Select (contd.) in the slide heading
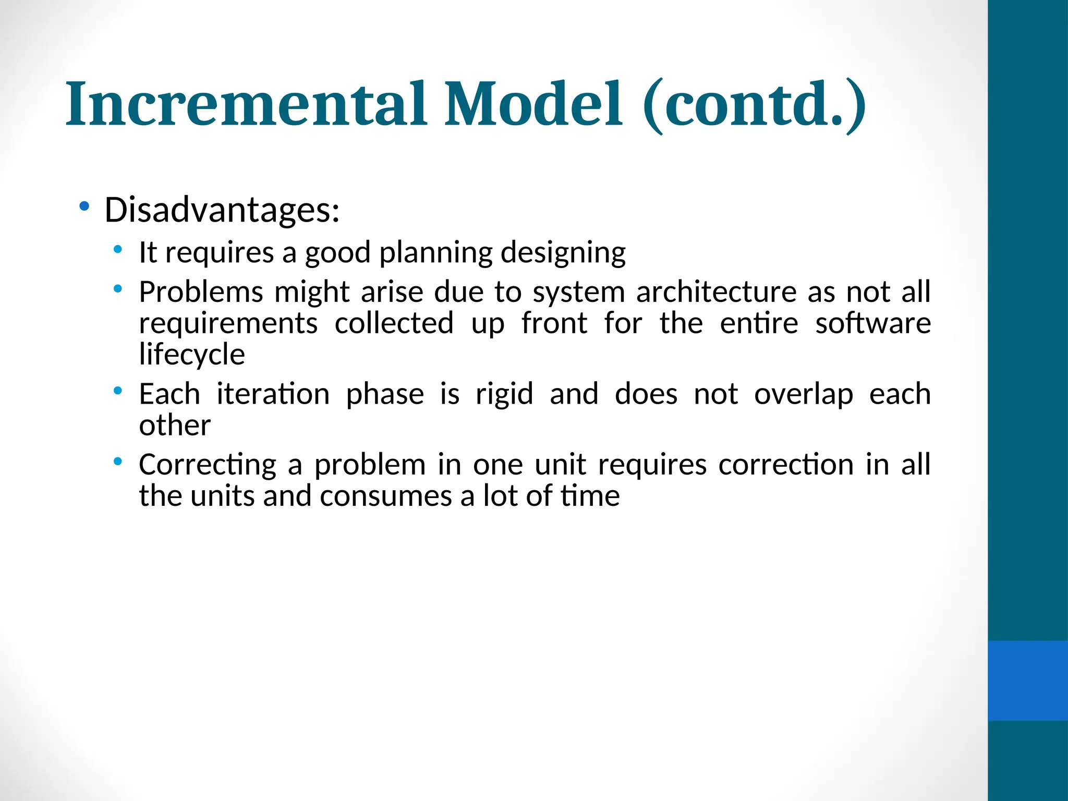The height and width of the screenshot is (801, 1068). (754, 104)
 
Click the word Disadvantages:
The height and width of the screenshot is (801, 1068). (222, 210)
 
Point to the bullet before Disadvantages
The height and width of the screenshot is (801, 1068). (84, 207)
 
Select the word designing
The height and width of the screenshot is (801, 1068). (563, 253)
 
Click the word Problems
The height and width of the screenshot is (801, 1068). (201, 292)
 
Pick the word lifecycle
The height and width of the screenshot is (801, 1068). (192, 355)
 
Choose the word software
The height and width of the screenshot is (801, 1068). (873, 323)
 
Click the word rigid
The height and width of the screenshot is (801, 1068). (504, 394)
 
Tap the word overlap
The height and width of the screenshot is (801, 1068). (804, 395)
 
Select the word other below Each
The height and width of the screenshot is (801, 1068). (175, 426)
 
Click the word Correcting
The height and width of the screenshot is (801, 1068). (208, 465)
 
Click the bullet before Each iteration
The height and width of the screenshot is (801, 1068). (118, 390)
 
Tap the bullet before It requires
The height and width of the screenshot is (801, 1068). (118, 250)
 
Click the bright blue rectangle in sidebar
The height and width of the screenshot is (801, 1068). (1027, 681)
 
